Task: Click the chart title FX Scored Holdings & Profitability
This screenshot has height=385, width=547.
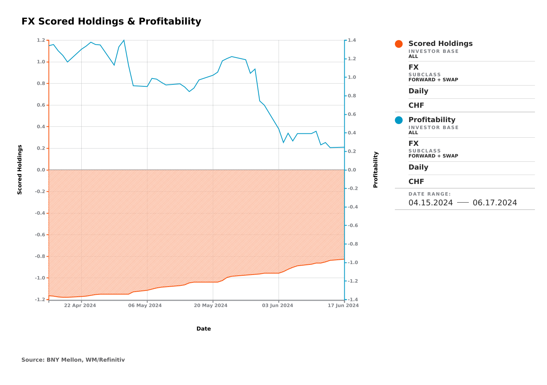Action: tap(111, 21)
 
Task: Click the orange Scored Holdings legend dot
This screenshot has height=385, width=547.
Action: tap(399, 44)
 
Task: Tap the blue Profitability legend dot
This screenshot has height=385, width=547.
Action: tap(399, 120)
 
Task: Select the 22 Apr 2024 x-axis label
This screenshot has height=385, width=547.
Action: tap(80, 306)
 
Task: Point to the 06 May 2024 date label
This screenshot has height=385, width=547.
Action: tap(145, 306)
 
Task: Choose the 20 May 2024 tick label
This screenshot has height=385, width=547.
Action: tap(210, 306)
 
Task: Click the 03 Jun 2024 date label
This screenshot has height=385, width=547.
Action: tap(277, 306)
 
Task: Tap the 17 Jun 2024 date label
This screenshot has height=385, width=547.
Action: tap(343, 306)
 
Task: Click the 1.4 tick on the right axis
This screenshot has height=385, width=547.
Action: tap(352, 40)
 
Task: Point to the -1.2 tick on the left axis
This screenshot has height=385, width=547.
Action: tap(40, 300)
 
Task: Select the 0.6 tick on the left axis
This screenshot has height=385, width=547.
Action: tap(41, 105)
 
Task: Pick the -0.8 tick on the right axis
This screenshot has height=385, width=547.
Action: tap(352, 244)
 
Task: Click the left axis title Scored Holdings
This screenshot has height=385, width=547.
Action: tap(20, 170)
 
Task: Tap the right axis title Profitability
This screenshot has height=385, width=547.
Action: tap(375, 170)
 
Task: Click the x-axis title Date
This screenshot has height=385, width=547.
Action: tap(203, 329)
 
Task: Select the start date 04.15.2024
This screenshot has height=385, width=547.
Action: tap(431, 203)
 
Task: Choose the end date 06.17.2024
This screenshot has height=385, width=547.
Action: tap(495, 203)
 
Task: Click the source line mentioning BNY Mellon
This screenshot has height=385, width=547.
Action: tap(73, 360)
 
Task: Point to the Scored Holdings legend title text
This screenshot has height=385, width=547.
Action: tap(440, 44)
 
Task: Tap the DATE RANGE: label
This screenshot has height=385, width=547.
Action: tap(430, 194)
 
